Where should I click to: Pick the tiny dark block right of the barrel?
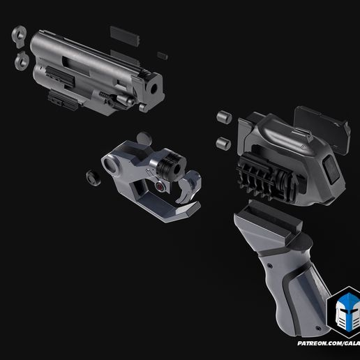click(163, 54)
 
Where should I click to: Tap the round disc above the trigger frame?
click(144, 137)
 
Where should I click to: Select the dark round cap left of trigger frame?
click(91, 177)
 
